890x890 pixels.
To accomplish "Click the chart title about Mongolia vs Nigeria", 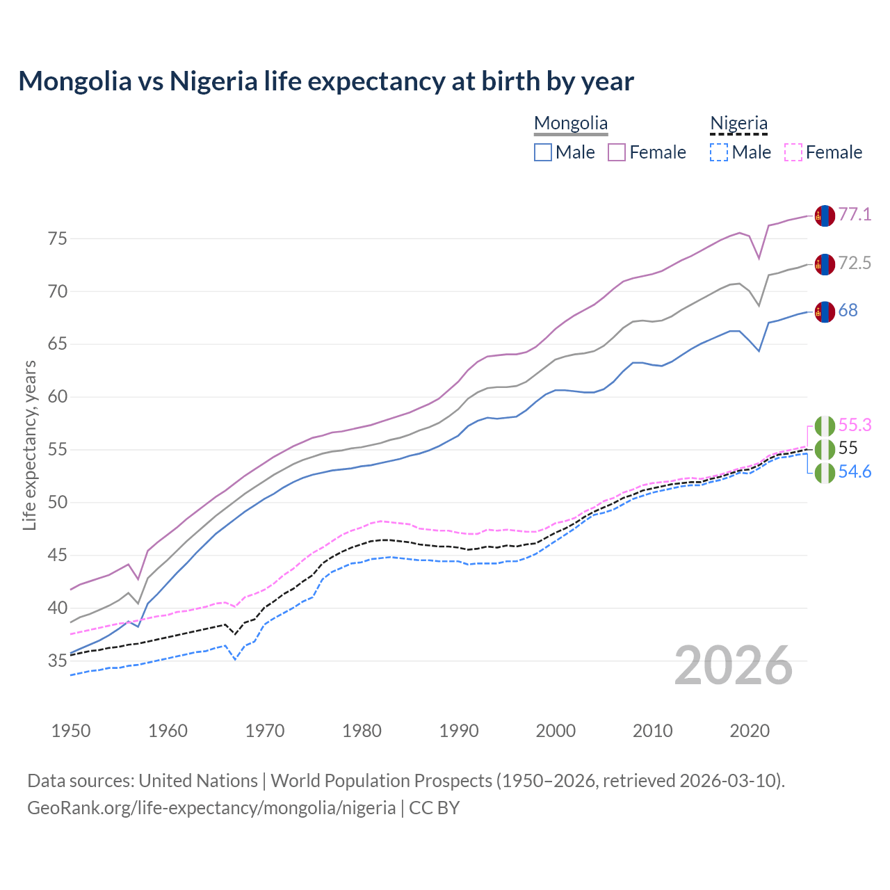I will coord(325,81).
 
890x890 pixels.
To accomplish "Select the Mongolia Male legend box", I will coord(543,152).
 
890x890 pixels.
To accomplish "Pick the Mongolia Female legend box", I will coord(617,152).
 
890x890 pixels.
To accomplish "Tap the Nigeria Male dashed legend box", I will coord(719,152).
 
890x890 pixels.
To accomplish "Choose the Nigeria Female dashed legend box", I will coord(793,152).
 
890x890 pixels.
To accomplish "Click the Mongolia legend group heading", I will coord(571,124).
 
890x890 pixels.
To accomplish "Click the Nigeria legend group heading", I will coord(738,124).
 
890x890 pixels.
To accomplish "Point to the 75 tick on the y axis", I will coord(57,239).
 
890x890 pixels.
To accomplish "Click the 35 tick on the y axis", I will coord(57,661).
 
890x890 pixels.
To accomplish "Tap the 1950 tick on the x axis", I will coord(71,731).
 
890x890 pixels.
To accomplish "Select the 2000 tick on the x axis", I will coord(556,731).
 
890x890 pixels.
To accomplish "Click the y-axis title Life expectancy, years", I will coord(30,445).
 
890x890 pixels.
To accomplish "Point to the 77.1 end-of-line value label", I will coord(855,214).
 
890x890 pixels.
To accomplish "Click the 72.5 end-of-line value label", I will coord(855,263).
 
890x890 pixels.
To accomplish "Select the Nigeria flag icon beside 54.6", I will coord(824,473).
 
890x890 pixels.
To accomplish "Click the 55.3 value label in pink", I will coord(855,425).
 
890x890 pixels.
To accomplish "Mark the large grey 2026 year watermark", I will coord(734,665).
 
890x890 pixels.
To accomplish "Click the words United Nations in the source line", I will coord(198,781).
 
